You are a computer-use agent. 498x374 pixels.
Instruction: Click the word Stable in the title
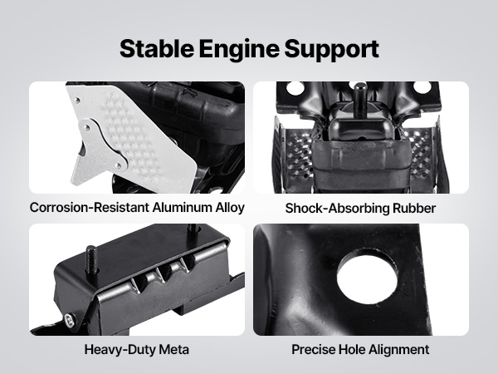click(157, 49)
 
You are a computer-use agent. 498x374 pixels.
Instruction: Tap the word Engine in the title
click(239, 50)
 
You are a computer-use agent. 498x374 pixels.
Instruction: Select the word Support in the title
click(331, 50)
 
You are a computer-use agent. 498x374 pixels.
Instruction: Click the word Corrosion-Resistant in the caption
click(90, 207)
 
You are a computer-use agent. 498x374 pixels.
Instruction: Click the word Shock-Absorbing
click(337, 209)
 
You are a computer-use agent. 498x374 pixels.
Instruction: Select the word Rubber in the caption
click(414, 209)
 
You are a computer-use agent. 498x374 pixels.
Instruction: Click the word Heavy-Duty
click(120, 350)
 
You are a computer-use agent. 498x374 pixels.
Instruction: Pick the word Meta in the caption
click(173, 350)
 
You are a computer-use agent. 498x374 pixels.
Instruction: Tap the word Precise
click(313, 350)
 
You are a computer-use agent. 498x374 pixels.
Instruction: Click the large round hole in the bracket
click(367, 276)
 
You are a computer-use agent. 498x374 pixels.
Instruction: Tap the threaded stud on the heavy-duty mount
click(91, 259)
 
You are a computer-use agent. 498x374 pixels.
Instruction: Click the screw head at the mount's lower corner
click(70, 321)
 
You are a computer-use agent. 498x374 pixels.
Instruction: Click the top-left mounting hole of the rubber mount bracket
click(295, 88)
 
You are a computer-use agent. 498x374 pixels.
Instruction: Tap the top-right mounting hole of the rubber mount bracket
click(422, 87)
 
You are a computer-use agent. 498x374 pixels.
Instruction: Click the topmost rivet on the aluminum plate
click(76, 101)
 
